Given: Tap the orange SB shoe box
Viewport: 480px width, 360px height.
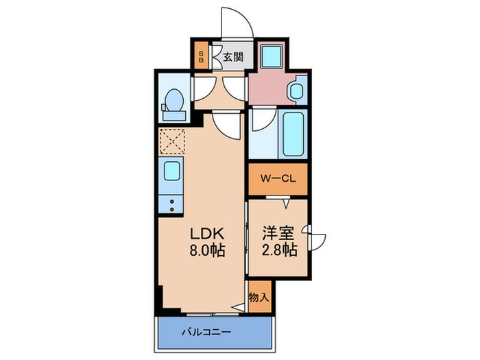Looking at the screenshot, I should point(201,57).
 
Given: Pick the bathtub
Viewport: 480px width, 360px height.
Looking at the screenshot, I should point(293,134).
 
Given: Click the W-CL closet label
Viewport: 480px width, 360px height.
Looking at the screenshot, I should point(276,180).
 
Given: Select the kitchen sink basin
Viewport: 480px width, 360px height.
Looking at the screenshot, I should point(171,170).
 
